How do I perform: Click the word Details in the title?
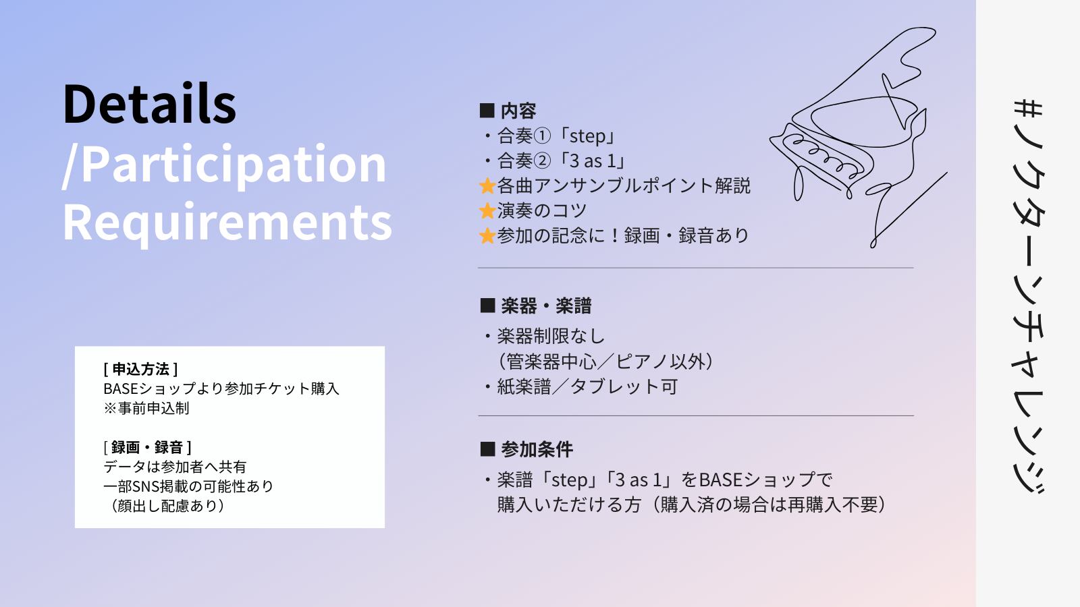[x=149, y=104]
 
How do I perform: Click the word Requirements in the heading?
[x=227, y=222]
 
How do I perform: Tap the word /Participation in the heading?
[x=224, y=164]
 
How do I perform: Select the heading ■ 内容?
[x=508, y=111]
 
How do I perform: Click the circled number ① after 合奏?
[x=543, y=136]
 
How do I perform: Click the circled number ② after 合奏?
[x=543, y=161]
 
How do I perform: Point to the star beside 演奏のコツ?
[x=487, y=211]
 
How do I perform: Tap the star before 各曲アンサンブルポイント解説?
[x=487, y=186]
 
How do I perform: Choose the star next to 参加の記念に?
[x=487, y=236]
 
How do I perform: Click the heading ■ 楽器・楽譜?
[x=536, y=306]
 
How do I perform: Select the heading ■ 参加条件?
[x=526, y=449]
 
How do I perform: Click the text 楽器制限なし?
[x=551, y=336]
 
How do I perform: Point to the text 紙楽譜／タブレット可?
[x=587, y=386]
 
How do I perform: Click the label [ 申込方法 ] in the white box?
[x=140, y=369]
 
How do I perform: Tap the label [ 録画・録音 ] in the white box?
[x=147, y=447]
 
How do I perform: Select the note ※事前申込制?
[x=146, y=408]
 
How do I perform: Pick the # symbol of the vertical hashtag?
[x=1028, y=111]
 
